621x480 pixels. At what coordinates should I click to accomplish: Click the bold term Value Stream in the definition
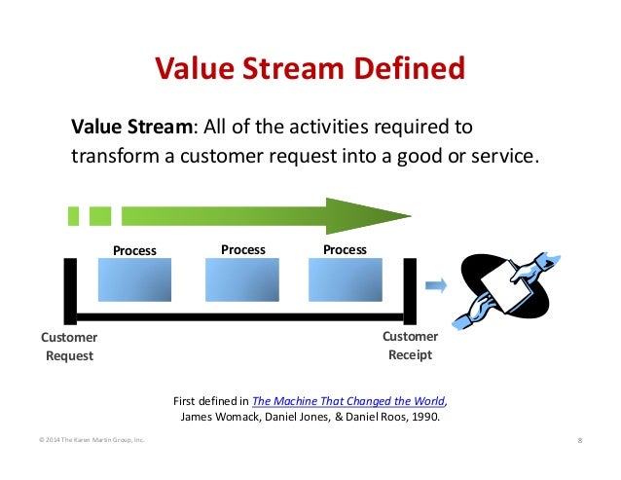point(131,127)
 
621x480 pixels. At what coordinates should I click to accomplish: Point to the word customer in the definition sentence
point(221,156)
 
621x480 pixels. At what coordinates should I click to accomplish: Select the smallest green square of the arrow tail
point(73,216)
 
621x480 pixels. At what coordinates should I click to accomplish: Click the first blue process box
point(134,279)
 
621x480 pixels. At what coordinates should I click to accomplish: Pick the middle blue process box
point(242,279)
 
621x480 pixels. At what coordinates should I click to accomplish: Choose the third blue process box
point(346,279)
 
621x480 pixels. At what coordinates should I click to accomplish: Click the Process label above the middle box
point(243,250)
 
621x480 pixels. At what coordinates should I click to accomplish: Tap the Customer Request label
point(69,347)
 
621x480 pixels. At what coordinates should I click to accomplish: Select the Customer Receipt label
point(411,346)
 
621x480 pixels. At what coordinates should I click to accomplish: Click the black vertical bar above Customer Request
point(70,291)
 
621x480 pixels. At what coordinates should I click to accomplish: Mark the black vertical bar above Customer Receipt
point(410,291)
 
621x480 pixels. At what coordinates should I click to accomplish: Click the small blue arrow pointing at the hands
point(436,285)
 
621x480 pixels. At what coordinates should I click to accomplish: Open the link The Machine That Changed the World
point(348,401)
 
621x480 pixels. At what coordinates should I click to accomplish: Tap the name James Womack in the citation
point(220,417)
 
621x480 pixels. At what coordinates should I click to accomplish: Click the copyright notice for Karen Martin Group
point(91,440)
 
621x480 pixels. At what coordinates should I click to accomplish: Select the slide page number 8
point(580,440)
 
